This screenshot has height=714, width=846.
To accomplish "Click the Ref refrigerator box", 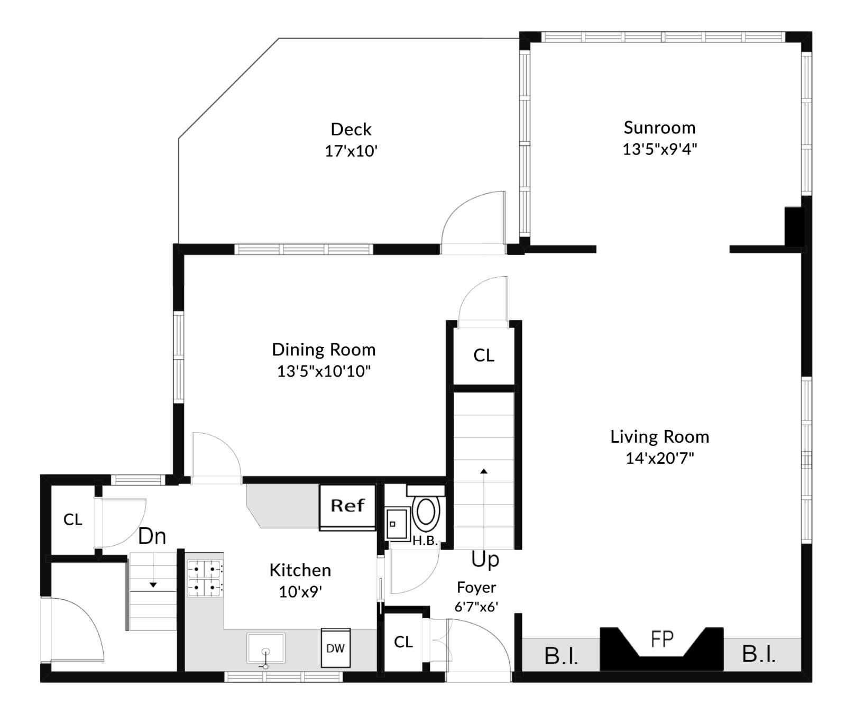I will tap(347, 506).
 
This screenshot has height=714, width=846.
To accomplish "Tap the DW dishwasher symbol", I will tap(335, 648).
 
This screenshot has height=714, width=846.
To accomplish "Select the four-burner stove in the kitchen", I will tap(205, 578).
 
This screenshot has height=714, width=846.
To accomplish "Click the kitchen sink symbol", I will tap(265, 648).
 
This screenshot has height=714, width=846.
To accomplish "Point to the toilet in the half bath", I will tap(426, 512).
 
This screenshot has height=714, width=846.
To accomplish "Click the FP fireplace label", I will tap(661, 639).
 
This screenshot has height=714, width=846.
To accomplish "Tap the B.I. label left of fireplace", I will tap(561, 656).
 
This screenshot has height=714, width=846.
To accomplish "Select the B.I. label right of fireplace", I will tap(759, 654).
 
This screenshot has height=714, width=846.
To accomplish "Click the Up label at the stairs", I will tap(485, 559).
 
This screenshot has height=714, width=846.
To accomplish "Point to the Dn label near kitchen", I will tap(152, 536).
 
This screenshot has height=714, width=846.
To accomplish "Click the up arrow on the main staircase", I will tap(483, 471).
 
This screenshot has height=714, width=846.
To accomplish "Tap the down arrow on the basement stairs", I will tap(153, 584).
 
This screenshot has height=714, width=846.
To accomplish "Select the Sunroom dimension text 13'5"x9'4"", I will tap(659, 149).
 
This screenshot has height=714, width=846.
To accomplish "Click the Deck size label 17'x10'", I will tap(351, 151).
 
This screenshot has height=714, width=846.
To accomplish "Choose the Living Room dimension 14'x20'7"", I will tap(659, 458).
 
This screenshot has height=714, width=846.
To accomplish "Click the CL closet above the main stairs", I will tap(483, 355).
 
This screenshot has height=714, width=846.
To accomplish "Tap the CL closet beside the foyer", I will tap(403, 642).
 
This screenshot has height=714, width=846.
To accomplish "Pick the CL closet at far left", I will tap(72, 520).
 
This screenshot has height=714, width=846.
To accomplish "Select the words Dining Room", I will tap(324, 350).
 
